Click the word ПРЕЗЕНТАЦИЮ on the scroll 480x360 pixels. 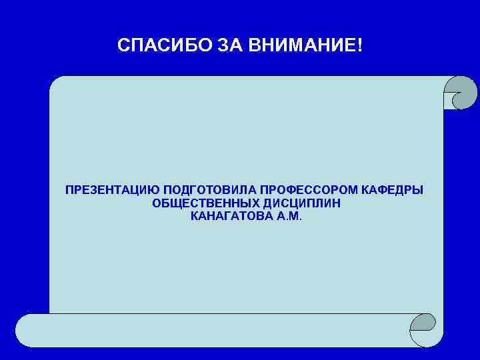(107, 191)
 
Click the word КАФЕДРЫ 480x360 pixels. (397, 191)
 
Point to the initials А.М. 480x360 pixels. (289, 217)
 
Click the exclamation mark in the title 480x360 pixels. (361, 46)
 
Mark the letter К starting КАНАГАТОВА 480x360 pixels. (194, 217)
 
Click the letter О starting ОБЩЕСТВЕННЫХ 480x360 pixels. (157, 203)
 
